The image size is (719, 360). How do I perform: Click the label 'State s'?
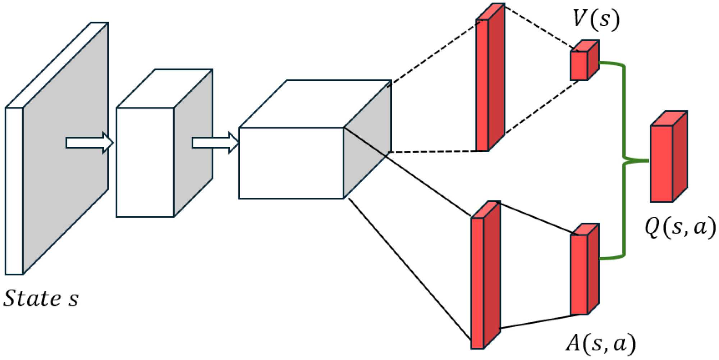(x=41, y=299)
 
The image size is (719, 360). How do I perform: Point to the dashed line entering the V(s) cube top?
(x=539, y=27)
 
